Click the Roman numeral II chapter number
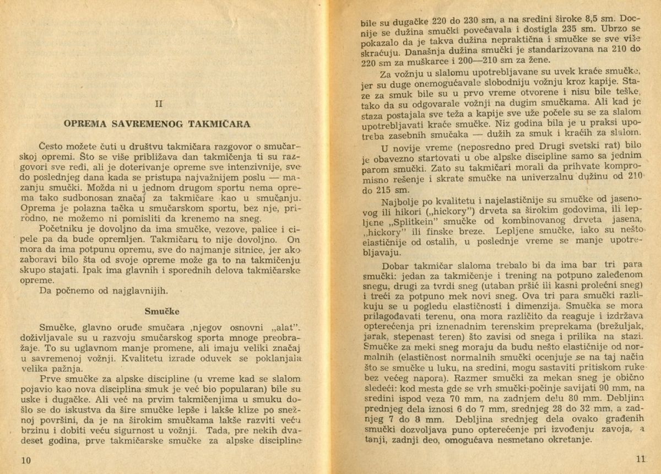[x=159, y=103]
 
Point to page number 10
[x=26, y=460]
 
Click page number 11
[x=640, y=459]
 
